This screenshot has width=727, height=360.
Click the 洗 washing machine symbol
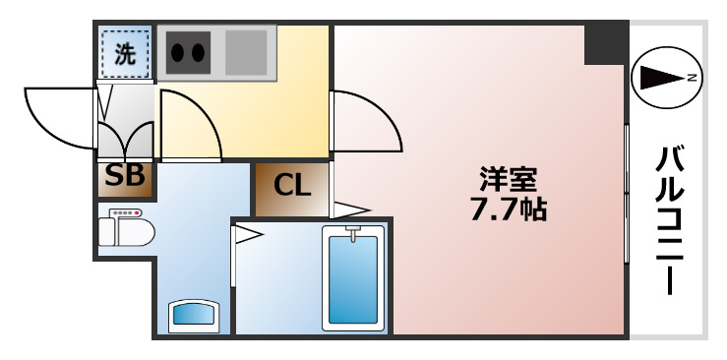125,54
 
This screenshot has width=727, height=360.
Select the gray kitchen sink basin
246,52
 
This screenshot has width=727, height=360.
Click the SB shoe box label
125,177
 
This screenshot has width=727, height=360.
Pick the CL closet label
292,185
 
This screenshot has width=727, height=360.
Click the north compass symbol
667,77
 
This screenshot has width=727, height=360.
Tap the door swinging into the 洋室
366,123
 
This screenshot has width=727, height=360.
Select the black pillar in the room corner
605,44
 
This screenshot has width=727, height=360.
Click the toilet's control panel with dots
126,213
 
